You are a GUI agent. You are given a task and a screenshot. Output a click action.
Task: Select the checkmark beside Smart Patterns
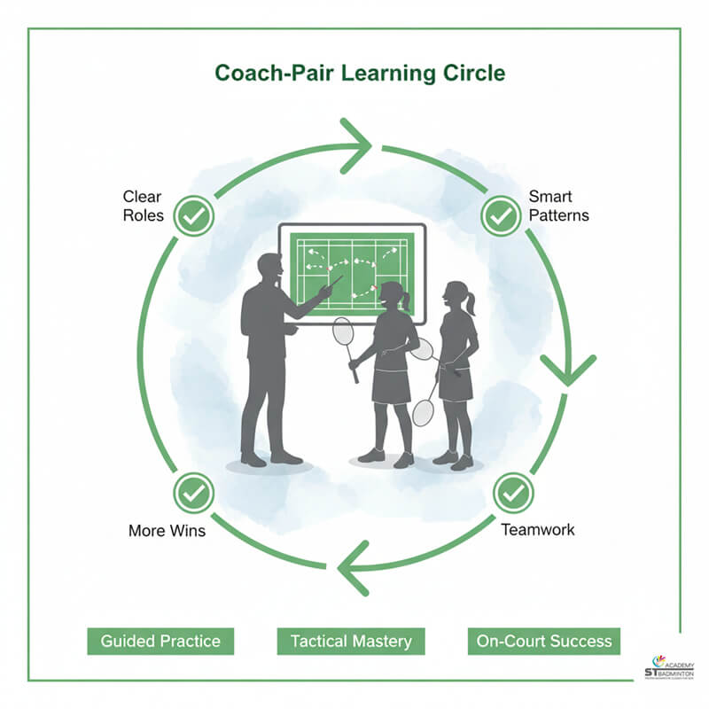click(501, 215)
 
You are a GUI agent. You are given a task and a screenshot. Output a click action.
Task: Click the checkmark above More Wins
click(192, 492)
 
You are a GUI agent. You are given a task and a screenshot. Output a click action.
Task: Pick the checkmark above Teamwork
click(513, 493)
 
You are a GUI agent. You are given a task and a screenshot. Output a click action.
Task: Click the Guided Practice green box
click(160, 641)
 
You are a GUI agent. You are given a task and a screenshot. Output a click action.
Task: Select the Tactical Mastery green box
click(351, 641)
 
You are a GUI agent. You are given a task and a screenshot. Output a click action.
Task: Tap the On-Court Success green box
click(543, 641)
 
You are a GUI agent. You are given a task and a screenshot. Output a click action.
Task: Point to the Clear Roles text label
click(143, 205)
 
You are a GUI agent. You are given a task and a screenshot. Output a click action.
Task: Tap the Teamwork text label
click(538, 530)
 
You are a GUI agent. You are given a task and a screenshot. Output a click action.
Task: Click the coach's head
click(269, 269)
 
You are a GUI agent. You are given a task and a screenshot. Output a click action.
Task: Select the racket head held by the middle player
click(343, 332)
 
